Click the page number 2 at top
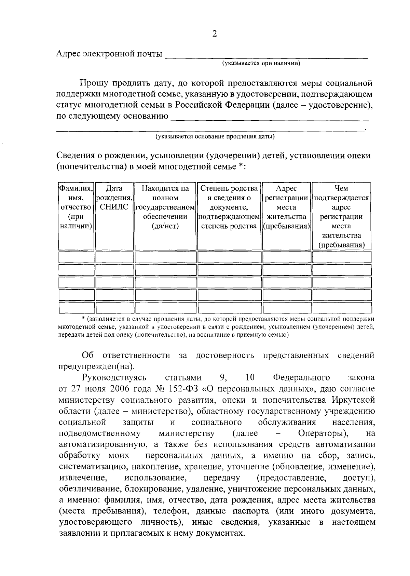click(215, 34)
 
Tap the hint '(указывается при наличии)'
click(261, 63)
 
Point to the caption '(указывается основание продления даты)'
click(215, 137)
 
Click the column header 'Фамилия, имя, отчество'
click(76, 207)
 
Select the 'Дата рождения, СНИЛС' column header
click(114, 198)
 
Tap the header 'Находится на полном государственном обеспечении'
click(165, 207)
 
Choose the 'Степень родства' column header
click(229, 207)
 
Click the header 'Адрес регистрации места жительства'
click(286, 207)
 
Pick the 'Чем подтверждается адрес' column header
click(341, 216)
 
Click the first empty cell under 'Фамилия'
click(76, 257)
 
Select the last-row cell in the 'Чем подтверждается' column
click(341, 308)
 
